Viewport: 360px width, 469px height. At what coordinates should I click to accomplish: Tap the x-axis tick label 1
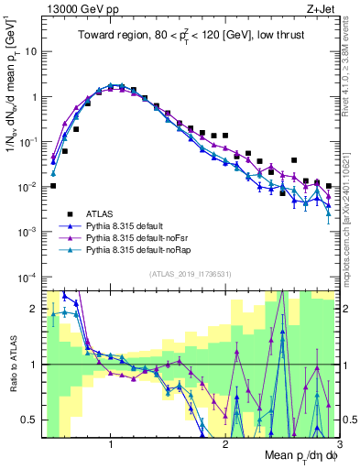pos(111,443)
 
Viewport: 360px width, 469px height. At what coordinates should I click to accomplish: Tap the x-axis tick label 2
pos(225,443)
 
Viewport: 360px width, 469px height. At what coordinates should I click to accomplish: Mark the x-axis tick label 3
pos(338,443)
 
